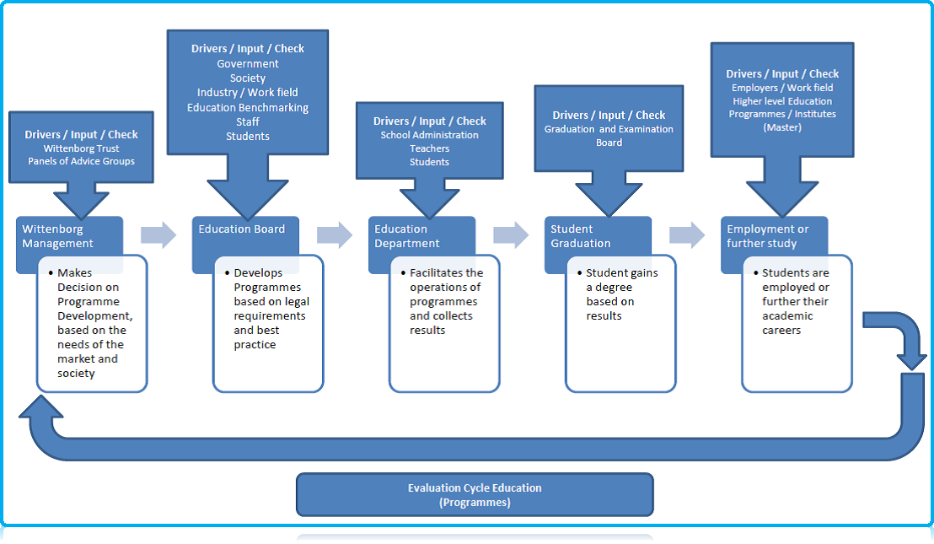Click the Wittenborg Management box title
point(57,236)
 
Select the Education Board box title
point(241,229)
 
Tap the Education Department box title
point(406,236)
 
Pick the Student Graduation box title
point(580,236)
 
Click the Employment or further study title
point(767,236)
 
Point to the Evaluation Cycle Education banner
point(475,494)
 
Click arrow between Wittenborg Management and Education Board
point(158,235)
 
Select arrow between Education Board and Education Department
point(335,235)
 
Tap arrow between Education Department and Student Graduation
point(511,235)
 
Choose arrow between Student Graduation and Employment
point(687,235)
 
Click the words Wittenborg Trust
point(81,148)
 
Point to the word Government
point(248,63)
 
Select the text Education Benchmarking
point(248,107)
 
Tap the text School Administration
point(429,135)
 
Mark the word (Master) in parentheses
point(782,127)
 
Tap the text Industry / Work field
point(248,92)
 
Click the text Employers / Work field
point(782,88)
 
